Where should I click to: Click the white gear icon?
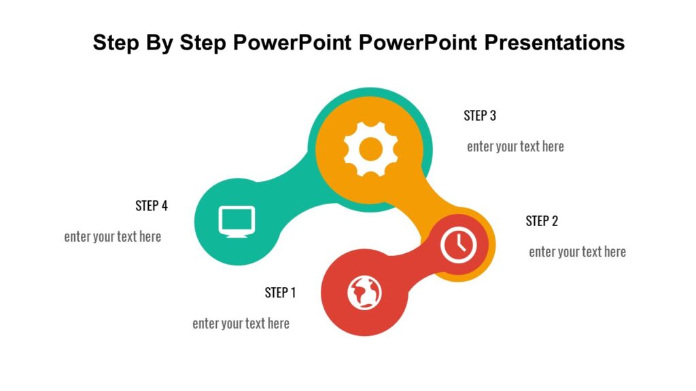(370, 149)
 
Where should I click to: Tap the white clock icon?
(459, 244)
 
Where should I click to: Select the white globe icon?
(364, 292)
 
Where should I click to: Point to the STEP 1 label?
(280, 293)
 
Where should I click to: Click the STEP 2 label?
(542, 221)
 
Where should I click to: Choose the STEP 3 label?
(480, 115)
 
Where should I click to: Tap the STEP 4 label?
(152, 206)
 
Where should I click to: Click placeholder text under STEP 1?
(241, 323)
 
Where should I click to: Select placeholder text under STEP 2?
(577, 252)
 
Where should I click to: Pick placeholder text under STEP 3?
(515, 146)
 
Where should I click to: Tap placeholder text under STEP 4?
(113, 237)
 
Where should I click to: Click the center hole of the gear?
(370, 149)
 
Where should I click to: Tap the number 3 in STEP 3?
(493, 115)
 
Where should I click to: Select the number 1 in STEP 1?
(293, 293)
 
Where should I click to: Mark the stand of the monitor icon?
(237, 234)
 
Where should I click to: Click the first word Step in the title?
(116, 43)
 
